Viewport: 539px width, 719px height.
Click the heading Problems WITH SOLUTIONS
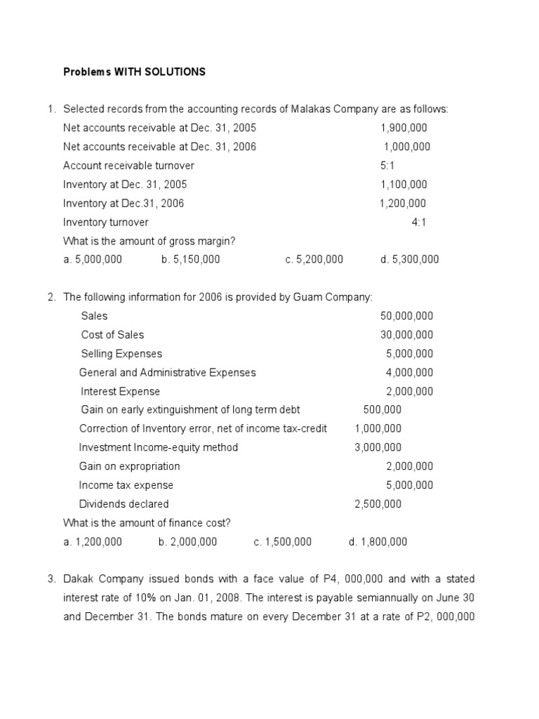pyautogui.click(x=134, y=72)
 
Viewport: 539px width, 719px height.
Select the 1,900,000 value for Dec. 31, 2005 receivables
pyautogui.click(x=404, y=128)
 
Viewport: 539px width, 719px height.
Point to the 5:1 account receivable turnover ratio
pyautogui.click(x=387, y=166)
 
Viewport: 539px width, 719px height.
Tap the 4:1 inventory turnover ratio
pyautogui.click(x=419, y=222)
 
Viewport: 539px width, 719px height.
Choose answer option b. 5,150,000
pyautogui.click(x=190, y=259)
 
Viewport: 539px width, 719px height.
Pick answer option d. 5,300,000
pyautogui.click(x=409, y=259)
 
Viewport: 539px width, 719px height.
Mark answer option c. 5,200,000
pyautogui.click(x=314, y=259)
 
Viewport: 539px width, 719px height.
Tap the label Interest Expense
pyautogui.click(x=120, y=391)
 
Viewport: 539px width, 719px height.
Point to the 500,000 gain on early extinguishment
pyautogui.click(x=382, y=409)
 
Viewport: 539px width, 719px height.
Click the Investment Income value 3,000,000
pyautogui.click(x=378, y=447)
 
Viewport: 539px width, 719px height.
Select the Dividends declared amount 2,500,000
pyautogui.click(x=378, y=503)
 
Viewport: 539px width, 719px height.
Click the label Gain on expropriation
pyautogui.click(x=129, y=466)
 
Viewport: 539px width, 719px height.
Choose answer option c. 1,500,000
pyautogui.click(x=283, y=541)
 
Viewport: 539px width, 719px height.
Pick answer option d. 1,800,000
pyautogui.click(x=378, y=541)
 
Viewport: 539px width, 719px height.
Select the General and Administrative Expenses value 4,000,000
pyautogui.click(x=410, y=372)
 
